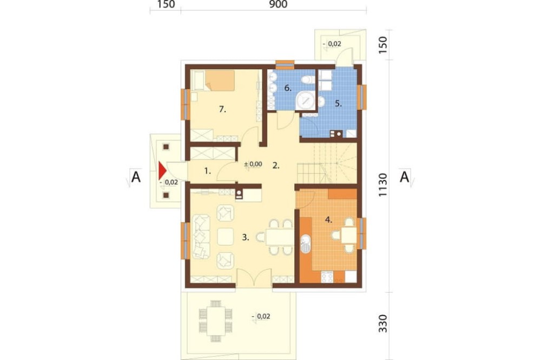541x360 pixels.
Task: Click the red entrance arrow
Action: coord(162,171)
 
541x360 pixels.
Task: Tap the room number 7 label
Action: coord(222,110)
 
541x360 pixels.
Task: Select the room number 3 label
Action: coord(245,237)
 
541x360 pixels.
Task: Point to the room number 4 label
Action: coord(328,219)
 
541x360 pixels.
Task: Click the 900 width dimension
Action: coord(278,4)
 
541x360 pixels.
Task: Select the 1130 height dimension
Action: coord(384,185)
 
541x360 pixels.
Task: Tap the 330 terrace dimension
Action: coord(384,323)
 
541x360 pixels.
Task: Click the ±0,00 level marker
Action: coord(253,164)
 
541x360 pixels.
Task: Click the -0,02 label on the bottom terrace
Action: coord(261,316)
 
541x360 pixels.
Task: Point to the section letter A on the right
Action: coord(404,177)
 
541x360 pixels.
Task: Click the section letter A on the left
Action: coord(136,177)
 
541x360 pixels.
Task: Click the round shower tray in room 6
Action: coord(305,100)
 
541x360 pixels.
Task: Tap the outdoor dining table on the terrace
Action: coord(216,321)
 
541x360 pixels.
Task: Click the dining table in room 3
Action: coord(280,237)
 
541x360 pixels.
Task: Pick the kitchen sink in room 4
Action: coord(306,244)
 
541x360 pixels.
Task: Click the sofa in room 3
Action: coord(201,237)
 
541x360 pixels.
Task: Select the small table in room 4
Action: coord(349,235)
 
